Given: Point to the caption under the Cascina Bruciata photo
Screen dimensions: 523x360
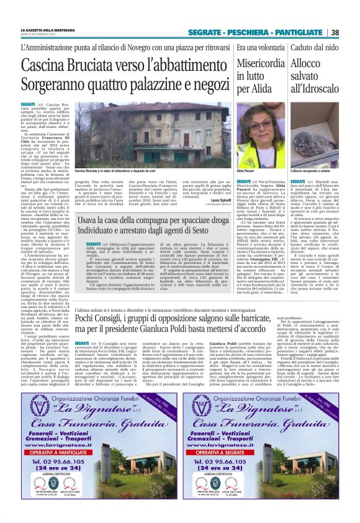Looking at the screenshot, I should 111,170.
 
